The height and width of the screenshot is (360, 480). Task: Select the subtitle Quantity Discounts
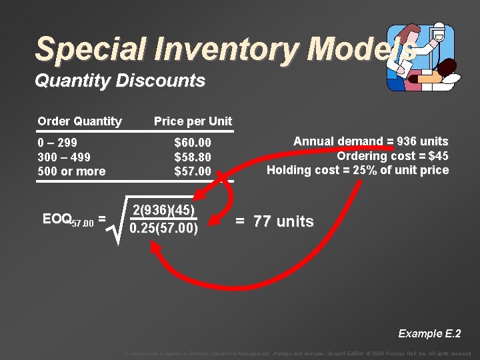click(x=120, y=81)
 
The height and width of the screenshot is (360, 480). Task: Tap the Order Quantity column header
click(x=80, y=121)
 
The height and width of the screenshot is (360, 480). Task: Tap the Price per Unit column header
click(x=193, y=121)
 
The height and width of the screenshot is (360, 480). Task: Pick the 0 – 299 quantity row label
click(x=57, y=143)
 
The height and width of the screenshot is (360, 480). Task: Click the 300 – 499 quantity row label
click(x=64, y=157)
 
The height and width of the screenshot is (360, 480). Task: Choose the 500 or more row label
click(x=71, y=171)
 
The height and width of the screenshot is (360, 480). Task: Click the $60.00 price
click(x=193, y=143)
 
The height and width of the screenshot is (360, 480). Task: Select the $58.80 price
click(x=193, y=157)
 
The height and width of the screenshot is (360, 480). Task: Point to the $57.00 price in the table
click(x=193, y=171)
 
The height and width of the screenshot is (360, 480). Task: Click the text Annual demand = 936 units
click(x=371, y=141)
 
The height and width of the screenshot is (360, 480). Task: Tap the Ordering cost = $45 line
click(x=392, y=156)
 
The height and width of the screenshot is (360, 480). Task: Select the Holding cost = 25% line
click(x=358, y=170)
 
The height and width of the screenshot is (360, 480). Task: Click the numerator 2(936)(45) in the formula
click(x=164, y=211)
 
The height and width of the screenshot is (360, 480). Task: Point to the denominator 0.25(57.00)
click(x=164, y=229)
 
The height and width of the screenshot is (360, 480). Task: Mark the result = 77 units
click(x=275, y=221)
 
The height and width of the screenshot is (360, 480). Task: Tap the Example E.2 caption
click(x=429, y=333)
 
